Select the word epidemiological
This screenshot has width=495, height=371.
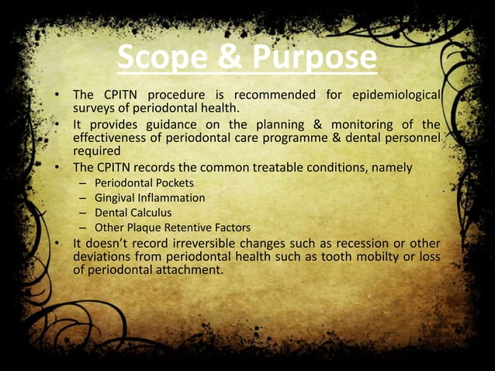coord(396,95)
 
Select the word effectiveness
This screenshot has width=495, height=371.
coord(111,137)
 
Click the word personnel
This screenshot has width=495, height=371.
coord(414,137)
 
